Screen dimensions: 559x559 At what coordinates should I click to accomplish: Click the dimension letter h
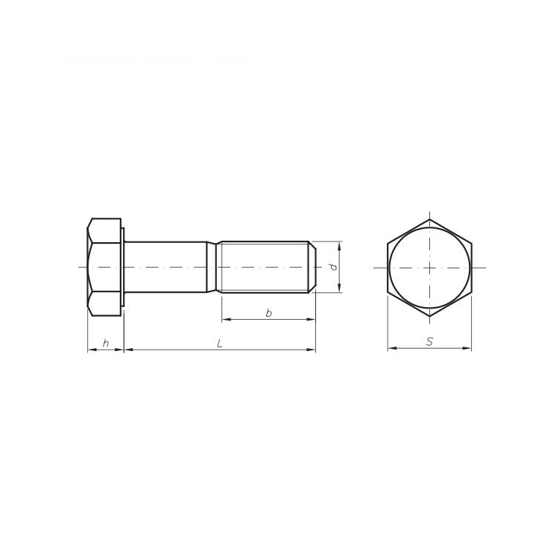[x=106, y=343]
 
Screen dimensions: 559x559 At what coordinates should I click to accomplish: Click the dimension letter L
[x=220, y=343]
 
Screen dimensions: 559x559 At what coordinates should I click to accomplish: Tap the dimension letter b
[x=269, y=313]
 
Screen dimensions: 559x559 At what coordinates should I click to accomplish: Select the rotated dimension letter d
[x=333, y=267]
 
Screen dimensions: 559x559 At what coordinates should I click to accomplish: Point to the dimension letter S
[x=429, y=341]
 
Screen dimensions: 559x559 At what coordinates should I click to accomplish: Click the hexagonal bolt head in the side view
[x=104, y=267]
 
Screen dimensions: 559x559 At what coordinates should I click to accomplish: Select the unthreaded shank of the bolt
[x=165, y=267]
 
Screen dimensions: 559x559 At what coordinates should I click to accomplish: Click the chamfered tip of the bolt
[x=312, y=267]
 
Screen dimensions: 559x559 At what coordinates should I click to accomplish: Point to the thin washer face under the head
[x=123, y=267]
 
